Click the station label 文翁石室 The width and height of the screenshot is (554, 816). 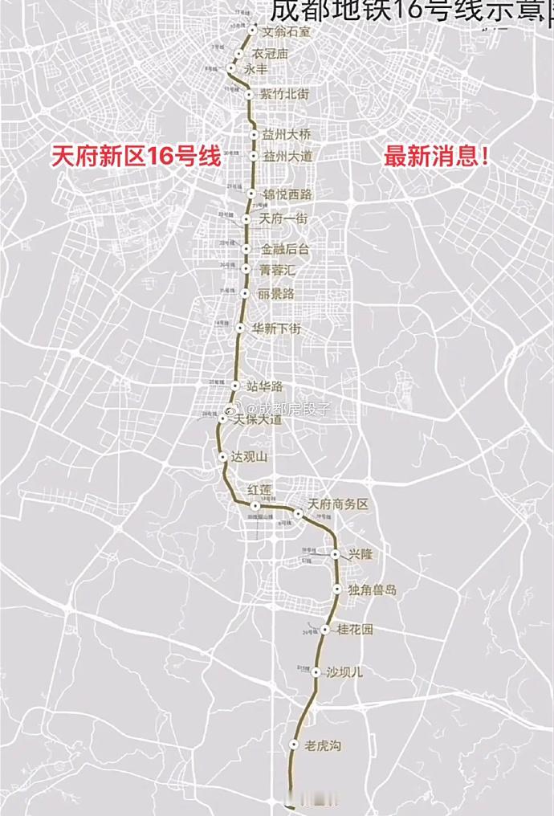[281, 32]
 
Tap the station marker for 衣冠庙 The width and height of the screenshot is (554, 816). [238, 53]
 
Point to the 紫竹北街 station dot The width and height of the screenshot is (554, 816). [250, 95]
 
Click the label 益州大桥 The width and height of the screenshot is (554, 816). [286, 134]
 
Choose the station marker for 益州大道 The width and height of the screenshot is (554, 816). [254, 156]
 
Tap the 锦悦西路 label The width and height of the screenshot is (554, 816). [287, 194]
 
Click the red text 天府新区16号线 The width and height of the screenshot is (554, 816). [135, 156]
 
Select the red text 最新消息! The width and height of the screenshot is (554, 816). [438, 156]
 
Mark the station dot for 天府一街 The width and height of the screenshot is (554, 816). [246, 218]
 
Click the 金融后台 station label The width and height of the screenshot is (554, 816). [284, 250]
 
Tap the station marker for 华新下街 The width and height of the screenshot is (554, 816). [239, 328]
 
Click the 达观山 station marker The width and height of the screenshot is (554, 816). [223, 456]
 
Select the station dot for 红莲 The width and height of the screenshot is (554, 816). [255, 506]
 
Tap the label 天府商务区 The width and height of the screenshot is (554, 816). [338, 504]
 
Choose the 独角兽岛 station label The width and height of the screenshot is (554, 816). [372, 590]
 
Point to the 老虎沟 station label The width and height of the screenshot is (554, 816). [324, 746]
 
